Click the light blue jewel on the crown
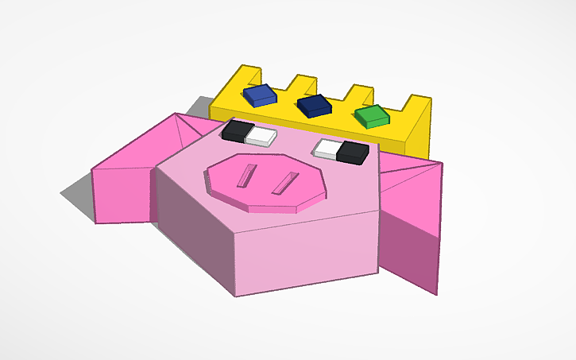point(260,95)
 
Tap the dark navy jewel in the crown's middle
point(314,105)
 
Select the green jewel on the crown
point(372,117)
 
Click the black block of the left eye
point(237,130)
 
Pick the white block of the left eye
point(260,137)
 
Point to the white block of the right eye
point(327,147)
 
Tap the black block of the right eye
point(353,152)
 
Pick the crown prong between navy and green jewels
point(358,94)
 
